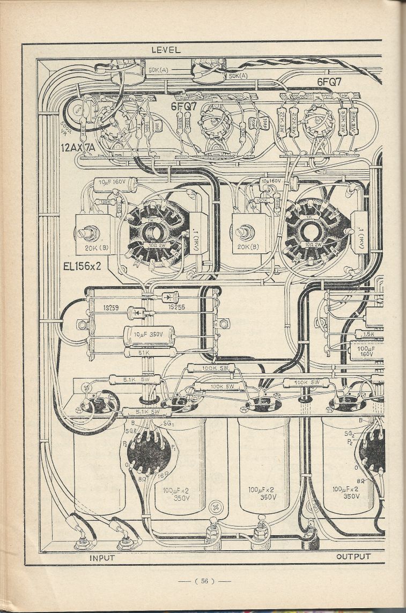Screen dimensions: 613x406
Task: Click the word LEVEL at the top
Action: pos(166,50)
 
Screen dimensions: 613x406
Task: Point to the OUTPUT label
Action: pos(353,557)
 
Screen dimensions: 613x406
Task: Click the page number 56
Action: pos(204,581)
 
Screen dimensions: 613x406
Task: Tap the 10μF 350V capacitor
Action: pos(149,334)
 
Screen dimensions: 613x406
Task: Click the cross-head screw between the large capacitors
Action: pos(217,506)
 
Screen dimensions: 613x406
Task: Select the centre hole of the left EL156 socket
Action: pos(154,233)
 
